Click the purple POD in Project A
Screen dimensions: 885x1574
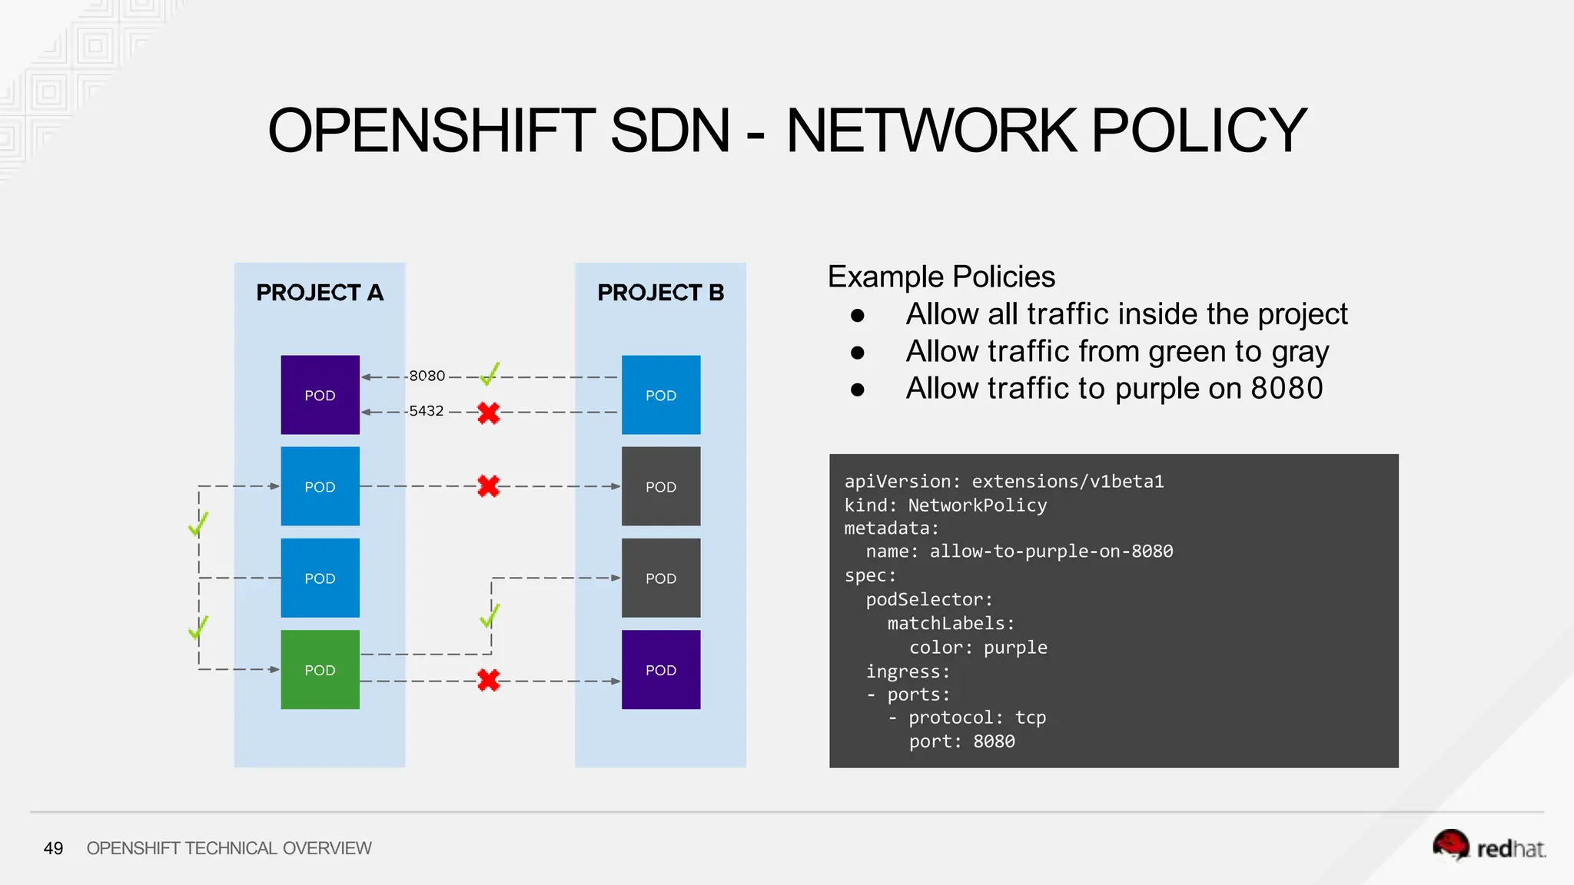tap(320, 395)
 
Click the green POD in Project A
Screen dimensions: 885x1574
tap(320, 669)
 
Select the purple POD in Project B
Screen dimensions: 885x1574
tap(661, 669)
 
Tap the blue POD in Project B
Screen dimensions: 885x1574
tap(661, 395)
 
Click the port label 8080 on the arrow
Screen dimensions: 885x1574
tap(427, 376)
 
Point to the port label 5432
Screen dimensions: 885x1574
tap(427, 411)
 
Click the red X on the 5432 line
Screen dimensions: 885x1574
tap(488, 413)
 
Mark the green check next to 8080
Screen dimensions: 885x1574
tap(490, 374)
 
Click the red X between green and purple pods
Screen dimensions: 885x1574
tap(488, 680)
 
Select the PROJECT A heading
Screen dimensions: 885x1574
tap(320, 293)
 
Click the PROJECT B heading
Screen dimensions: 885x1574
tap(661, 293)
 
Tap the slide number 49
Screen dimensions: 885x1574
tap(53, 848)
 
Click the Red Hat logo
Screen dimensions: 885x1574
tap(1488, 847)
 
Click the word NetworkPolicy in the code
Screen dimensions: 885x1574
tap(977, 505)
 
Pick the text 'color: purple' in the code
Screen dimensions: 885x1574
tap(978, 648)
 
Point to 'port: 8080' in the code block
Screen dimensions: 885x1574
tap(961, 741)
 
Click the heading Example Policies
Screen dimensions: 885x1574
tap(941, 277)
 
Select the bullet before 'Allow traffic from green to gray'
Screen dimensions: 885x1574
tap(858, 353)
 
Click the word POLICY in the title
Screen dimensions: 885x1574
tap(1198, 131)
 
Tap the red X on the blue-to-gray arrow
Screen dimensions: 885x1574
tap(488, 486)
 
